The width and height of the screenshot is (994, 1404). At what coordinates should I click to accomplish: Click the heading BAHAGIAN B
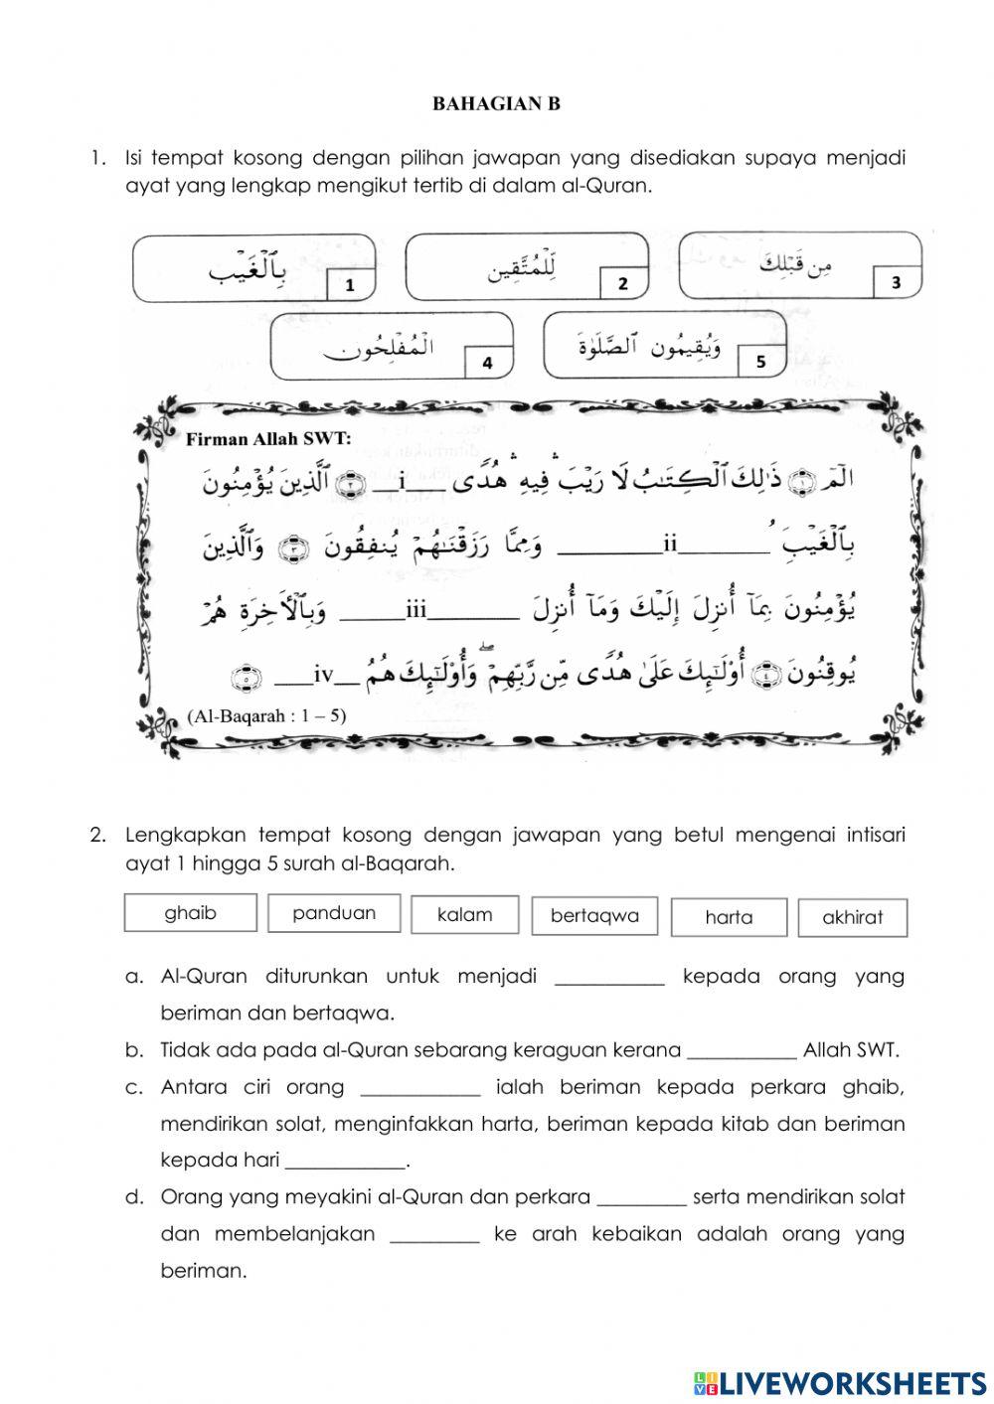coord(497,103)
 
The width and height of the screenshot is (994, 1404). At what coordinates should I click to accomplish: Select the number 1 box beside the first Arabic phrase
coord(350,285)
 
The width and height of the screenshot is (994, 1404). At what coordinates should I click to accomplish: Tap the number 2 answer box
coord(623,283)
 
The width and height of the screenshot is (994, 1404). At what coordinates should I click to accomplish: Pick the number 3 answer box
coord(896,282)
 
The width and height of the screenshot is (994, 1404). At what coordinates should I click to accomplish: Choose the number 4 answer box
coord(487,363)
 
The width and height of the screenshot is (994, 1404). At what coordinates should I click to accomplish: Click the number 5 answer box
coord(760,362)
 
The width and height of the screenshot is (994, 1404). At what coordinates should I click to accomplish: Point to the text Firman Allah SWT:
coord(268,438)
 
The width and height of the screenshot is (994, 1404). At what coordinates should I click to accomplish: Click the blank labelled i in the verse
coord(402,485)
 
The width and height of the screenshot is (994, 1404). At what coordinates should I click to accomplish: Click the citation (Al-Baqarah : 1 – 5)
coord(266,715)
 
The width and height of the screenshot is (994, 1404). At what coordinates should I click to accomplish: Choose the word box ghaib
coord(190,913)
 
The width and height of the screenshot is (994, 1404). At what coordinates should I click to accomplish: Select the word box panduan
coord(334,913)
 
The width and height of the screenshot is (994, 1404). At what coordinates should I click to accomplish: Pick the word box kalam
coord(464,915)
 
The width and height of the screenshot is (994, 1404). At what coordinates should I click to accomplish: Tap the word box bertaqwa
coord(594,916)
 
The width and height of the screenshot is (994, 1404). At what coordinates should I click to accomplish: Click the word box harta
coord(729,917)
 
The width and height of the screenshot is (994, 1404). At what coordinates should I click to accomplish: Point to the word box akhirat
coord(852,918)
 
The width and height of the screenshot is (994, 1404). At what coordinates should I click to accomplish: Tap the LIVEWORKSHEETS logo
coord(840,1382)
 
